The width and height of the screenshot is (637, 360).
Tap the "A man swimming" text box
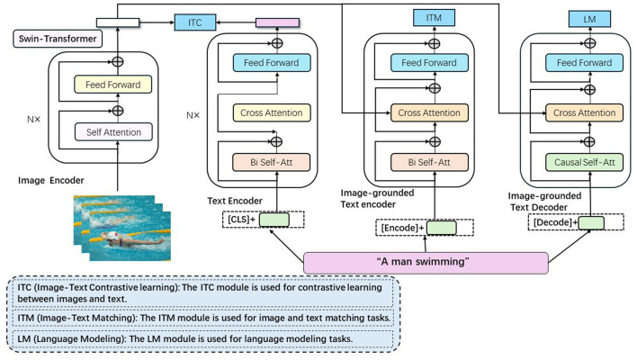[426, 262]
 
